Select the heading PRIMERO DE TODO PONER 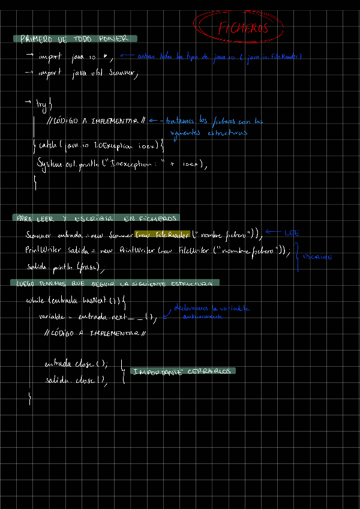point(74,39)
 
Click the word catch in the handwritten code point(47,145)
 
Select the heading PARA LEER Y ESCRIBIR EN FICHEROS point(96,218)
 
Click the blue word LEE point(292,233)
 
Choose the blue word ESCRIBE point(317,257)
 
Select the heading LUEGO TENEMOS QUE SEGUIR point(114,283)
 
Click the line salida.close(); point(76,380)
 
